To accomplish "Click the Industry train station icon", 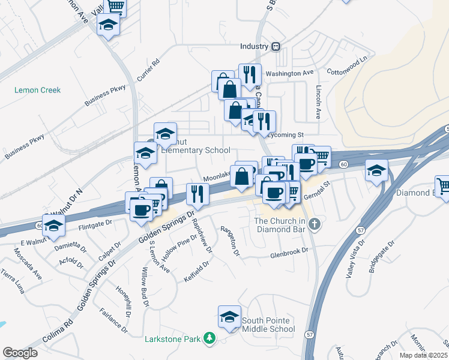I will pos(276,46).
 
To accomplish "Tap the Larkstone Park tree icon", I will pos(209,339).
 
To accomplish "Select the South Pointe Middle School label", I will pos(268,325).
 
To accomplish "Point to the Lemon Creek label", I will pos(38,90).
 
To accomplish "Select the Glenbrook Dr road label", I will pos(289,253).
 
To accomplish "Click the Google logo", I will pos(20,353).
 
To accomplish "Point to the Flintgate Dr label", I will pos(95,226).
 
